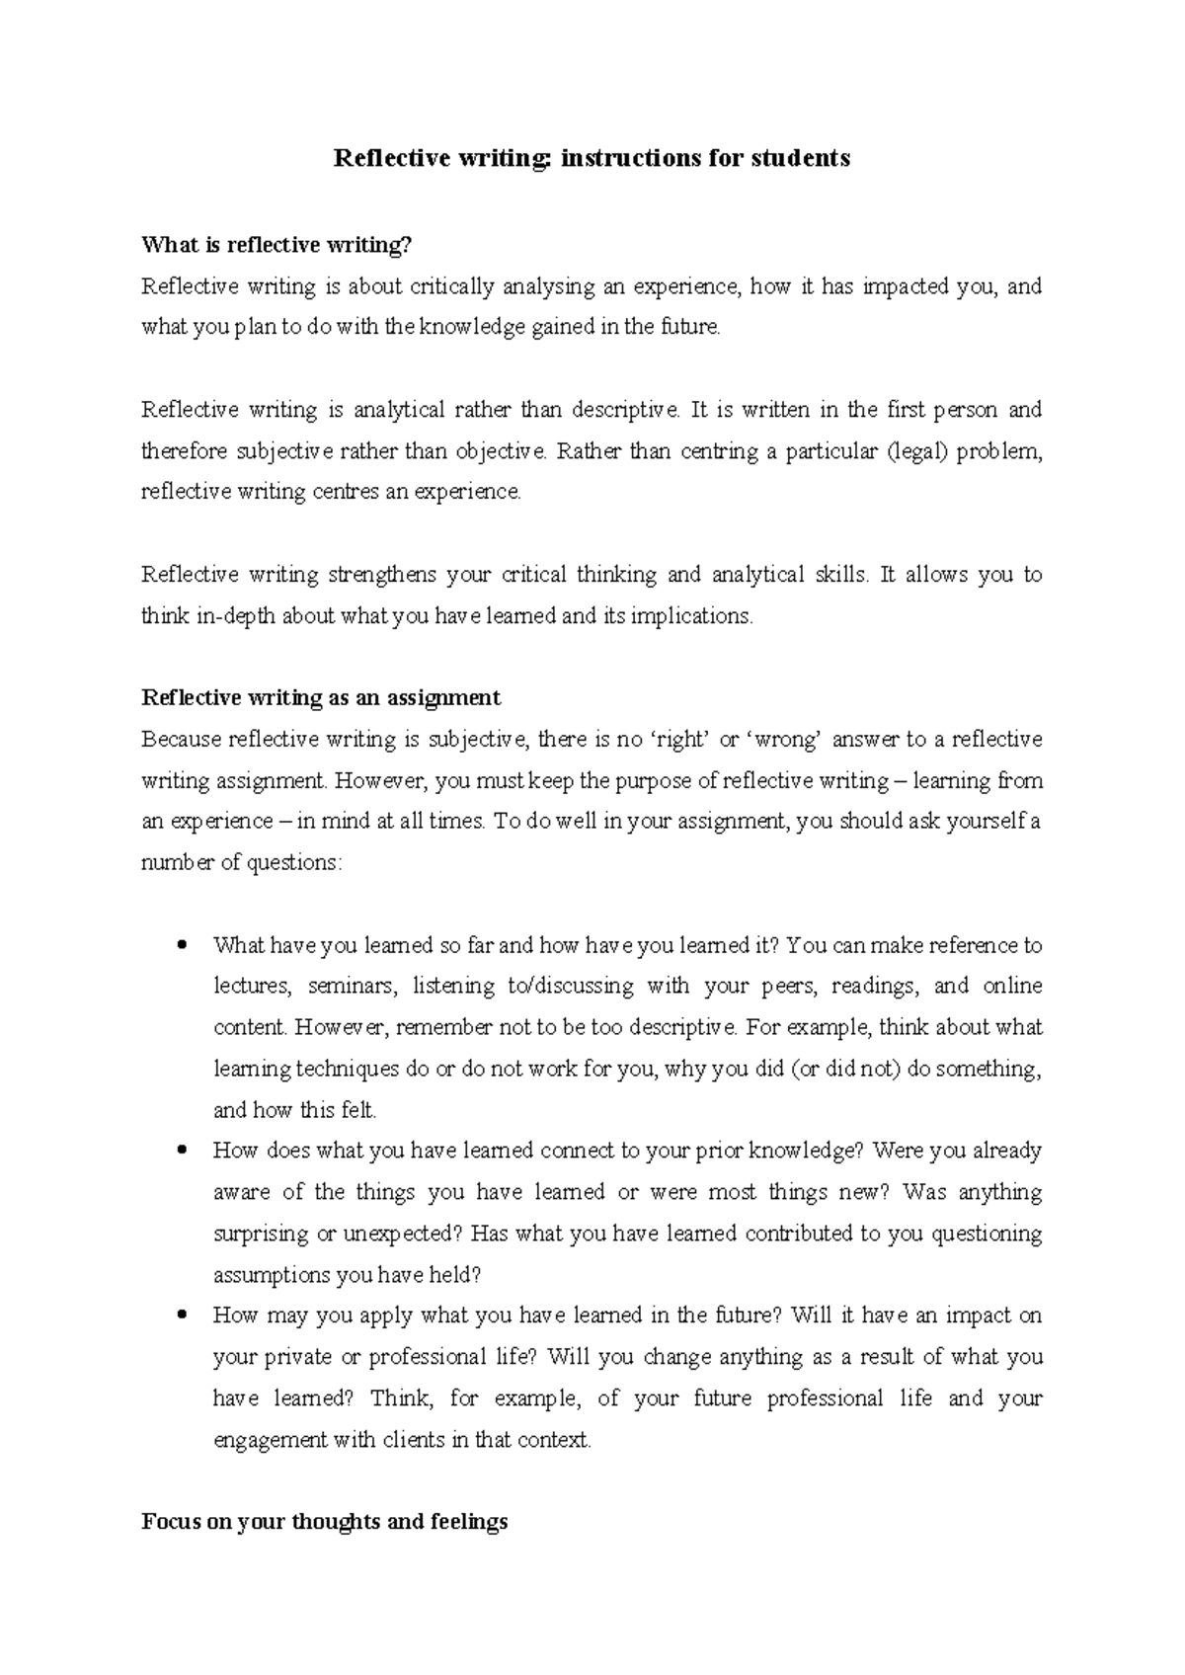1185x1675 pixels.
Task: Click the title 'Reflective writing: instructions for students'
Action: coord(592,158)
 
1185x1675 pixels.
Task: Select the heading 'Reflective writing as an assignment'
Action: coord(321,698)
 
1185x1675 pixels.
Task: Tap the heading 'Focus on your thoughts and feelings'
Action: coord(325,1522)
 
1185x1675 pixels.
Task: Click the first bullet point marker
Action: coord(180,945)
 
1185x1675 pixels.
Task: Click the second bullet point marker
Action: coord(180,1151)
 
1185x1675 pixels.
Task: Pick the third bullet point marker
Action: coord(180,1316)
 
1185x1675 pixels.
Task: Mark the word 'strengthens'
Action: coord(382,575)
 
